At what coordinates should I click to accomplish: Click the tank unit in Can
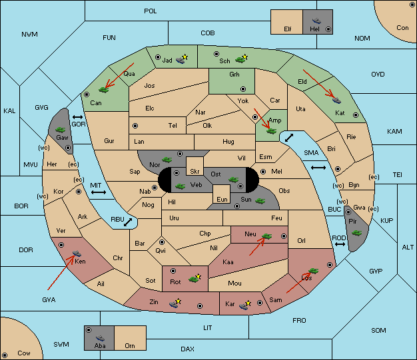103,90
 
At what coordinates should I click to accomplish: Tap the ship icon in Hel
316,21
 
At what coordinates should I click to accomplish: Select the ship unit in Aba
100,338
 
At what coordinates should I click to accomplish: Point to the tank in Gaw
61,130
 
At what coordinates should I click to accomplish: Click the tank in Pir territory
356,233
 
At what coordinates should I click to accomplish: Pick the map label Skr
195,172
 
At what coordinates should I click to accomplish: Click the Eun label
222,199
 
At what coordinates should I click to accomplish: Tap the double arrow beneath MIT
99,192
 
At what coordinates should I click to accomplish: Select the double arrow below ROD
340,244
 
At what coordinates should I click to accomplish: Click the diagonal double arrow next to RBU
128,222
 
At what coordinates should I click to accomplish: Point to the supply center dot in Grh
243,89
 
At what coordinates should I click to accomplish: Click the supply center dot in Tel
135,126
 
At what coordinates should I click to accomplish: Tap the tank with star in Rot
195,278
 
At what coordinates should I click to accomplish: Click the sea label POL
151,11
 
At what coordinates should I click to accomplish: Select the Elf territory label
288,29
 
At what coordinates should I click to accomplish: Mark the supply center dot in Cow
5,355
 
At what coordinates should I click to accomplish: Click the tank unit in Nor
167,160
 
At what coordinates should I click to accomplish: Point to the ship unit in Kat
336,100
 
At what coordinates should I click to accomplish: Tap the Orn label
130,345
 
